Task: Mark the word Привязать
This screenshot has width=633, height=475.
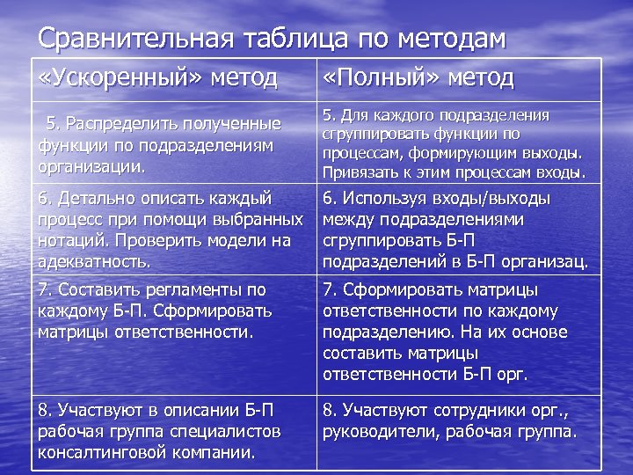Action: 355,172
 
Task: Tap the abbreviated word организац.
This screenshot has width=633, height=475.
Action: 546,261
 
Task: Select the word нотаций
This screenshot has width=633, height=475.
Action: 70,240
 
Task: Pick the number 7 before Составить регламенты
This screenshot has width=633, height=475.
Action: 44,289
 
